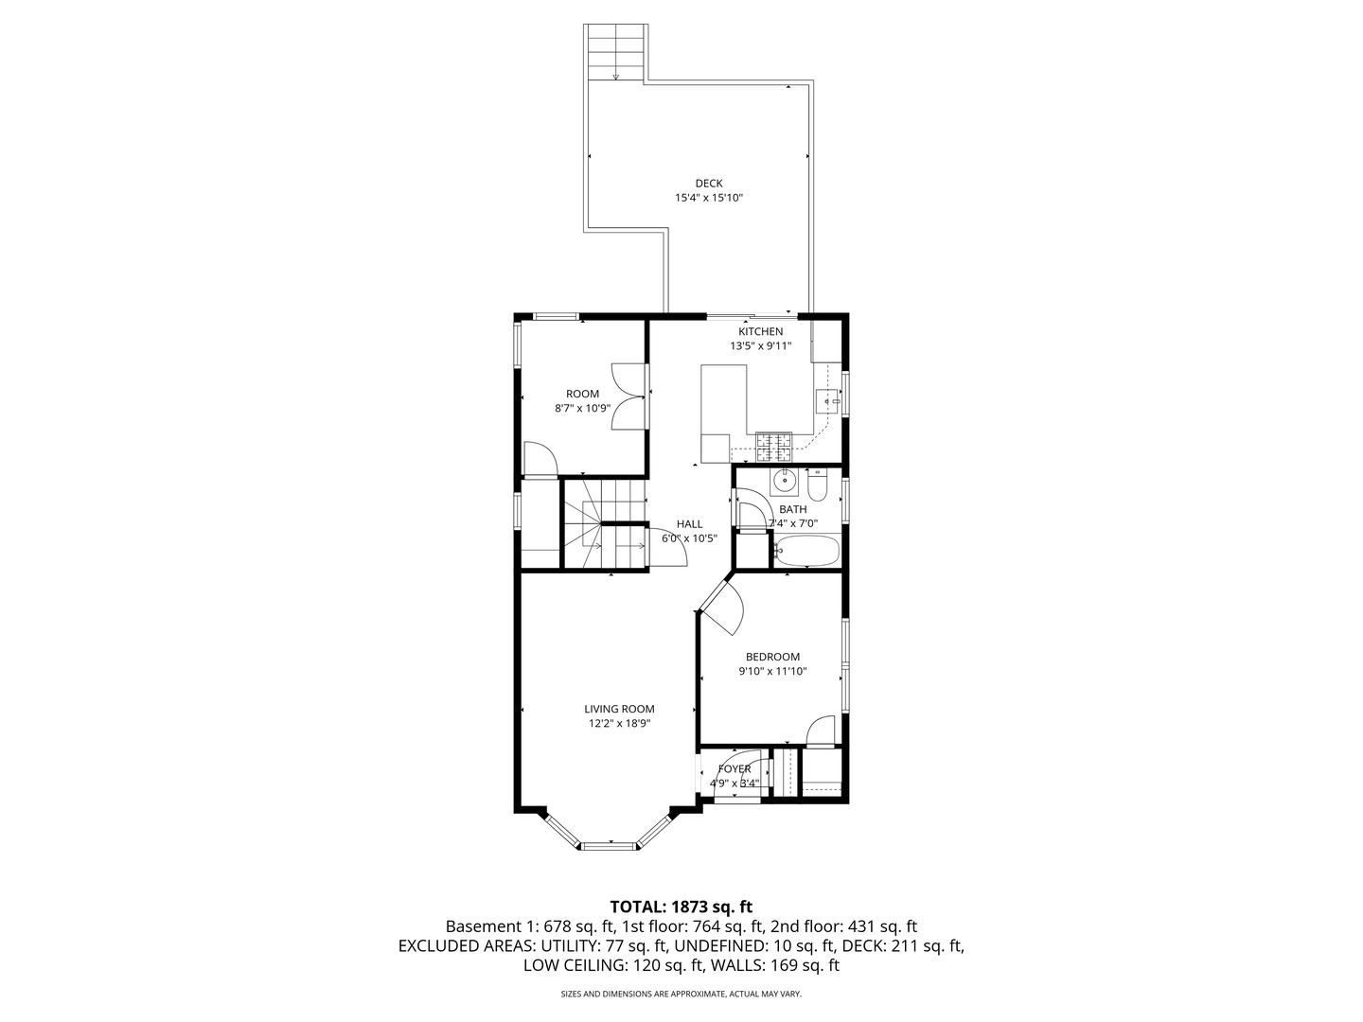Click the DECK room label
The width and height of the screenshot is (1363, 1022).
pyautogui.click(x=709, y=183)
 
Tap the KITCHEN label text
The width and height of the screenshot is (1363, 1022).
pyautogui.click(x=760, y=331)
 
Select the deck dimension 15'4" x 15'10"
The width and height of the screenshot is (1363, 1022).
pyautogui.click(x=709, y=198)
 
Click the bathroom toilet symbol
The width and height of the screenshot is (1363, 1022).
pyautogui.click(x=817, y=485)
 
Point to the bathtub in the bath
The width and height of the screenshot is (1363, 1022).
pyautogui.click(x=806, y=551)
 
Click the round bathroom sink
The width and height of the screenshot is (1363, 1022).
pyautogui.click(x=785, y=479)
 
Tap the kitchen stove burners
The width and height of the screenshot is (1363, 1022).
pyautogui.click(x=773, y=447)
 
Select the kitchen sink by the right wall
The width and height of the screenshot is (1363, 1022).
pyautogui.click(x=827, y=401)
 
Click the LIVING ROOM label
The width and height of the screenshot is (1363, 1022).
pyautogui.click(x=619, y=709)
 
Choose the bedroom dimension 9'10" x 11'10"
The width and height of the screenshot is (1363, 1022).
pyautogui.click(x=772, y=671)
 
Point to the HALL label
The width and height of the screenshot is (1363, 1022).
pyautogui.click(x=689, y=523)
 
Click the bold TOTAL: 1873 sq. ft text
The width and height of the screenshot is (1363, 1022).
pyautogui.click(x=681, y=907)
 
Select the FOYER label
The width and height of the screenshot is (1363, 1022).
pyautogui.click(x=735, y=769)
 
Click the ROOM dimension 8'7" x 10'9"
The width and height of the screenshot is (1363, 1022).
pyautogui.click(x=582, y=408)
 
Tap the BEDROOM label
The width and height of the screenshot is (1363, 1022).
pyautogui.click(x=772, y=657)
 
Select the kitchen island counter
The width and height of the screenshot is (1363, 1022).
pyautogui.click(x=723, y=413)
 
